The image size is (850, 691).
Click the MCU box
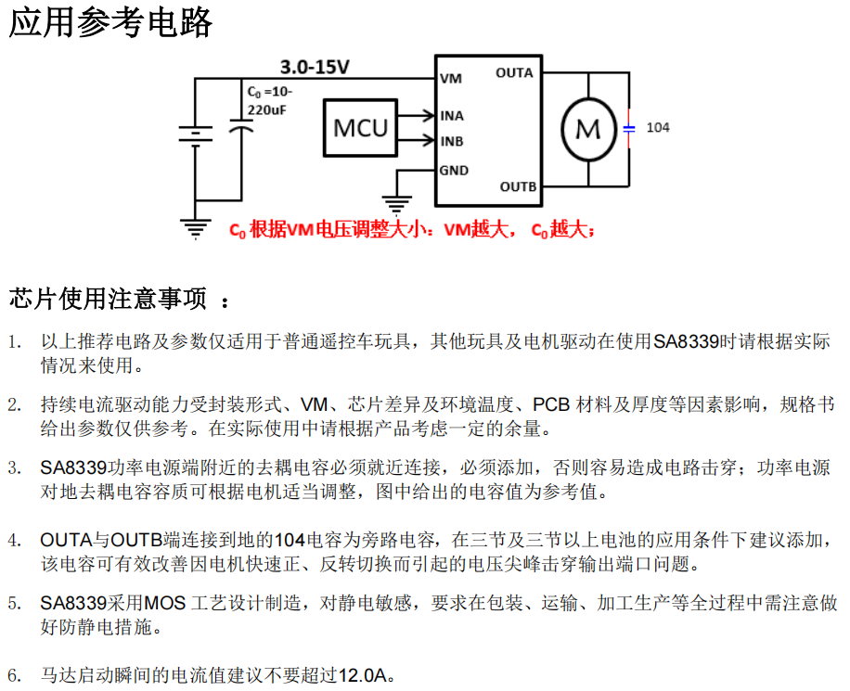[x=360, y=128]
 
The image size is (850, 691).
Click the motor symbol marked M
[x=587, y=129]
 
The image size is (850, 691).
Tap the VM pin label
[x=451, y=79]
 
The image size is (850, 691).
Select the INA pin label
[x=452, y=116]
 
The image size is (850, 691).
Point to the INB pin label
[x=452, y=142]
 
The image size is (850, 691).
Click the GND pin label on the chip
[x=454, y=171]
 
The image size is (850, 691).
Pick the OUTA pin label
[x=514, y=72]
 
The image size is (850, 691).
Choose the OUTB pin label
[x=518, y=186]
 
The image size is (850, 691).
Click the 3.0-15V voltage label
[x=316, y=67]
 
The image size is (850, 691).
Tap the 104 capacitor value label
[x=657, y=128]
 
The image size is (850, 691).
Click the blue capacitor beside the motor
[x=628, y=129]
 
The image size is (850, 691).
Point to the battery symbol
[x=195, y=134]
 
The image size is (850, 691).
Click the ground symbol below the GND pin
[x=397, y=204]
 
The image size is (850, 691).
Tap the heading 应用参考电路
[x=110, y=22]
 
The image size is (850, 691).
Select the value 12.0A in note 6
[x=362, y=675]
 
